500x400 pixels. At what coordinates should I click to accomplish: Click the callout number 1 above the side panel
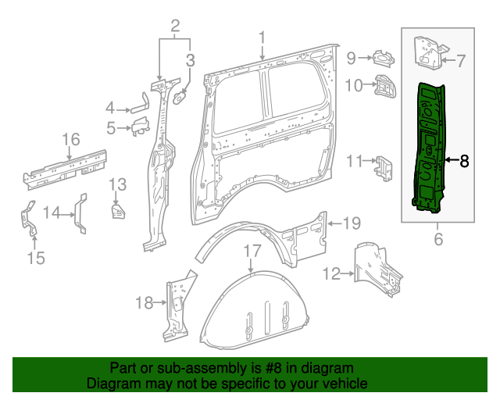(262, 37)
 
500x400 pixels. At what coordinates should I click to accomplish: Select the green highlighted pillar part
(429, 148)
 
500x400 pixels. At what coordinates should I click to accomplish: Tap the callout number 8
(463, 162)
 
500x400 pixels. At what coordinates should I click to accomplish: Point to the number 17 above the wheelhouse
(250, 252)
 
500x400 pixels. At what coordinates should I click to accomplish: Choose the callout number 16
(71, 140)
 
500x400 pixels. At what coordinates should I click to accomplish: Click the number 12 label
(332, 273)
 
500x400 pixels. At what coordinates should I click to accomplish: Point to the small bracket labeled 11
(383, 166)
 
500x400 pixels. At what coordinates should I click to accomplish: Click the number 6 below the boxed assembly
(438, 239)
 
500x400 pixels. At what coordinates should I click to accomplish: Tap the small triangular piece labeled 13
(117, 212)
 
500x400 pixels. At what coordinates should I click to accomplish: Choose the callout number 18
(145, 303)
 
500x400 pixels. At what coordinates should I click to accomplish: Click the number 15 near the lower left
(37, 257)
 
